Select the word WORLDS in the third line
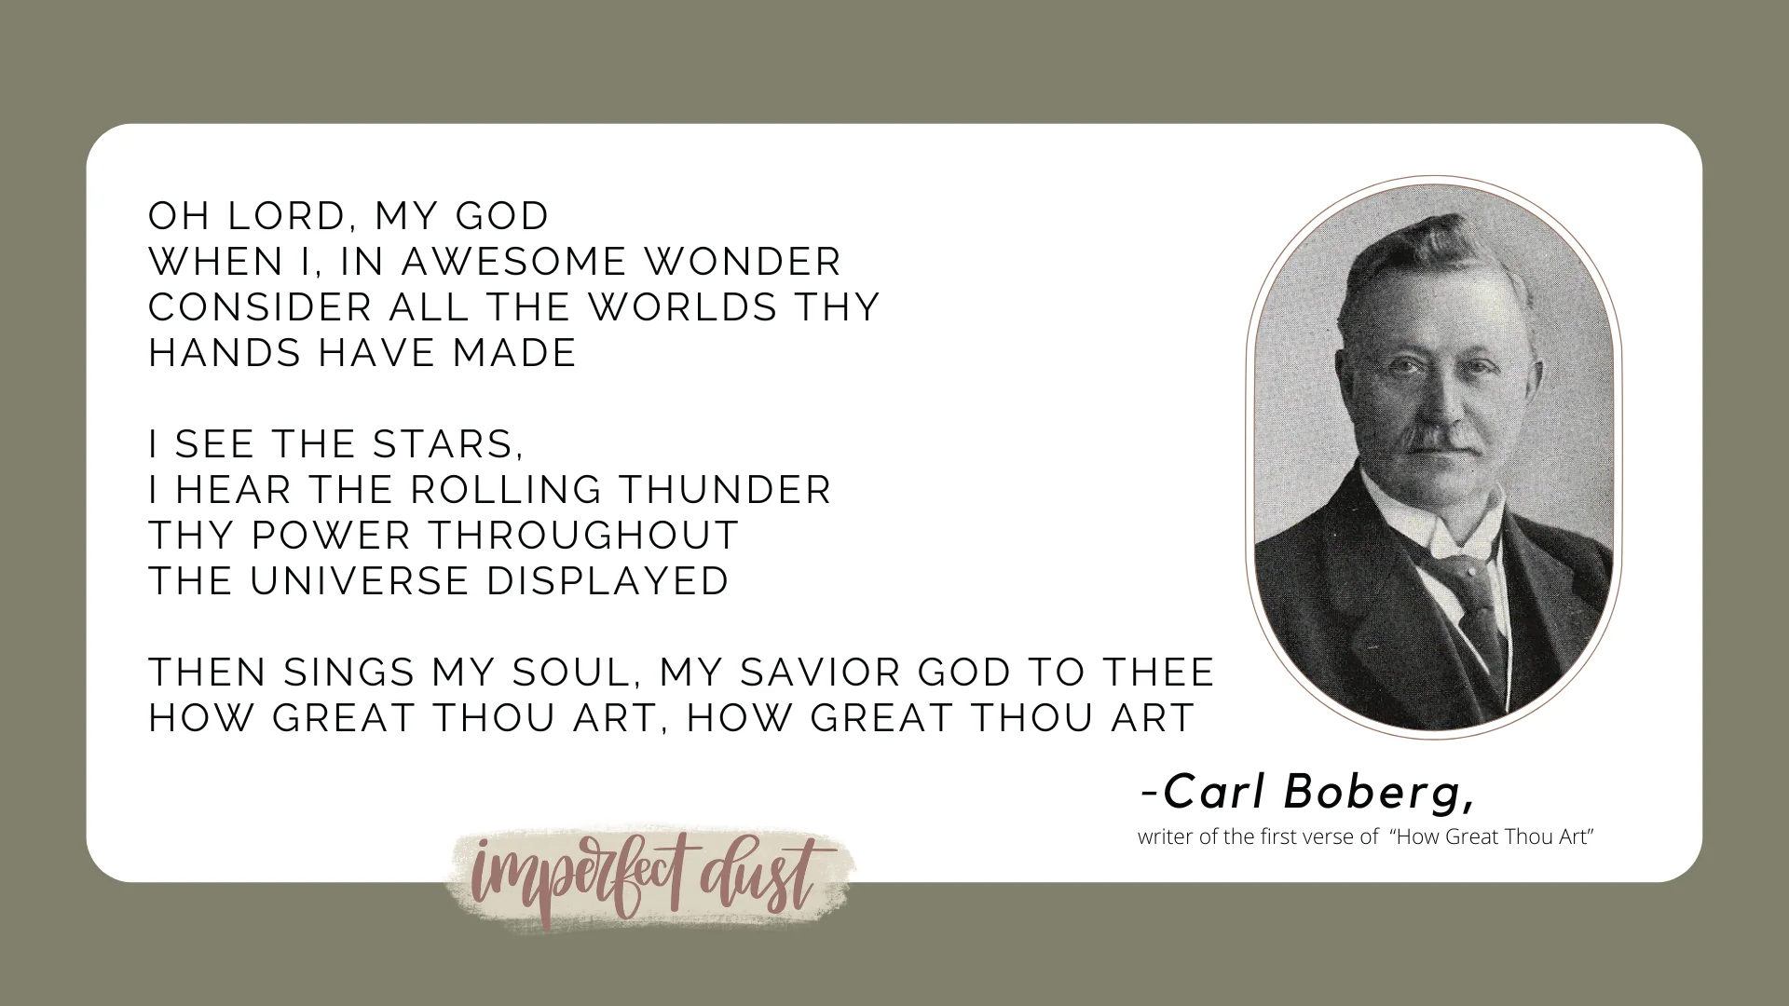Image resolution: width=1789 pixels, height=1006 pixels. [683, 307]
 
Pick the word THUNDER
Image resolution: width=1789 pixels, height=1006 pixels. [725, 490]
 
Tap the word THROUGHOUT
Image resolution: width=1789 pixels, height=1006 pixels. [583, 536]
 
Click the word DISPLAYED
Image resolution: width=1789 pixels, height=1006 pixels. [608, 581]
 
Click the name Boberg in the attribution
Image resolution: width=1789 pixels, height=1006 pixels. [1379, 793]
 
